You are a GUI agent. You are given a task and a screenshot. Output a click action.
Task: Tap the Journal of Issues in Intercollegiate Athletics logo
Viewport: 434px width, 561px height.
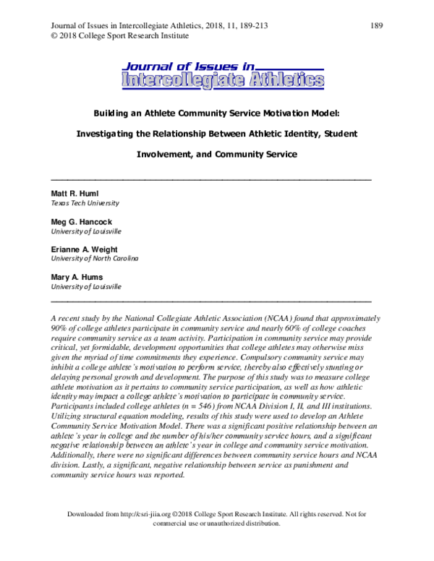point(223,74)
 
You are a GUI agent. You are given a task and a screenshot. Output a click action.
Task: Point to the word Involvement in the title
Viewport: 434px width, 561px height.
point(162,154)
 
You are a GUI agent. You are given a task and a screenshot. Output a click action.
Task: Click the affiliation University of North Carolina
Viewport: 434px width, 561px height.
point(94,259)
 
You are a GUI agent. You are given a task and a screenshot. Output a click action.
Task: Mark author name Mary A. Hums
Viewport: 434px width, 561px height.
point(76,277)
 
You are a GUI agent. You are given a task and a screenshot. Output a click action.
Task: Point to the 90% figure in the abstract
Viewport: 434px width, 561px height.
point(60,327)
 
